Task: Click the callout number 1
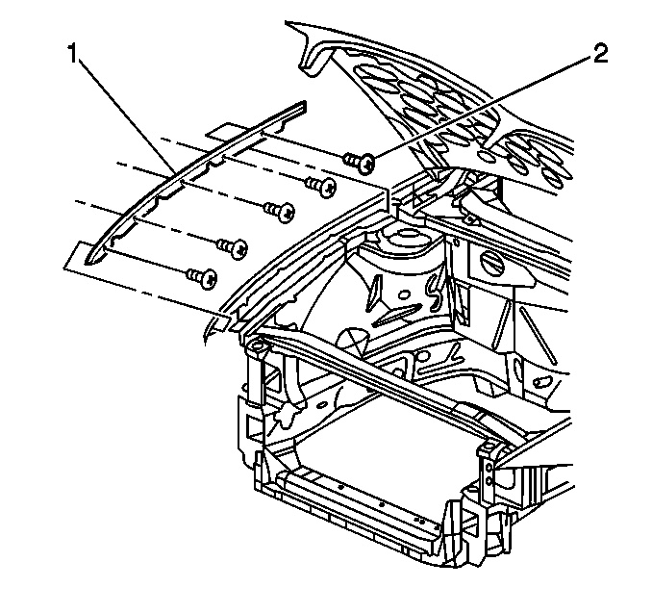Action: (73, 55)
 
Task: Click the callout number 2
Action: (600, 54)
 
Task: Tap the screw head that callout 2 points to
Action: (367, 163)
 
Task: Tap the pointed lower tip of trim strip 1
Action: (88, 262)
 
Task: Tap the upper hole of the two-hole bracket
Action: (489, 469)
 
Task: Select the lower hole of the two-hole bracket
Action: (489, 481)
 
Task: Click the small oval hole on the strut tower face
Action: (403, 295)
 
